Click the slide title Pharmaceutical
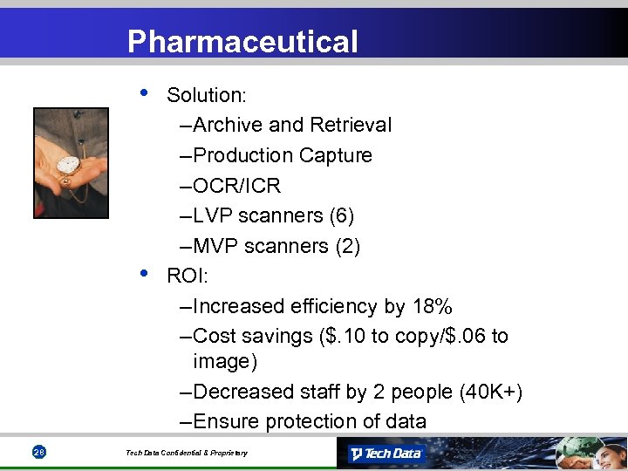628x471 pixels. [x=242, y=41]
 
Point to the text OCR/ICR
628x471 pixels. [x=236, y=186]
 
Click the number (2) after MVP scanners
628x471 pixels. [x=346, y=247]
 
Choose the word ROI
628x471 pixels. [x=182, y=276]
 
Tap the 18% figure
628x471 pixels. [x=432, y=307]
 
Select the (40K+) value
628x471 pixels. [x=491, y=392]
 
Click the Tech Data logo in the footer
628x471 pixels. [x=385, y=454]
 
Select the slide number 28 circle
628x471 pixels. [x=38, y=452]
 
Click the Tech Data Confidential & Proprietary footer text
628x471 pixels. [x=186, y=453]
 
